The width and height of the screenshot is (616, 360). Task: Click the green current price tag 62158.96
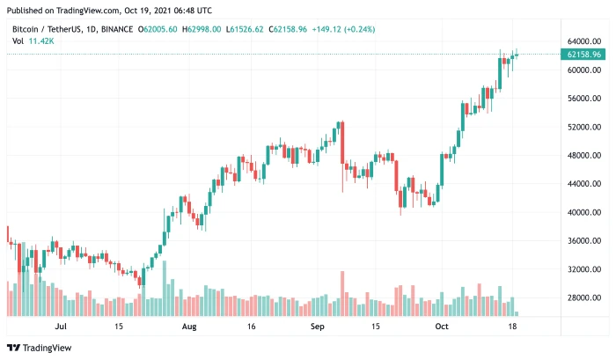tap(583, 55)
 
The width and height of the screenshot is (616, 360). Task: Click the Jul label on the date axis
tap(61, 326)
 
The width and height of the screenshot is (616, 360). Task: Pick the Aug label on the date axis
tap(188, 326)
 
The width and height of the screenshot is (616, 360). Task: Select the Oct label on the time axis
tap(444, 326)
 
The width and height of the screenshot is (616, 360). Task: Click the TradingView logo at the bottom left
tap(40, 348)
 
